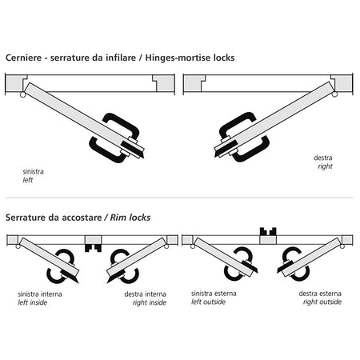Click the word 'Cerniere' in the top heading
tap(23, 58)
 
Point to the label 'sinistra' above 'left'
tap(33, 171)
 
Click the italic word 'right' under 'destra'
tap(325, 166)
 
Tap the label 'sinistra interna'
tap(40, 294)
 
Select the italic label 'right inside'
tap(150, 302)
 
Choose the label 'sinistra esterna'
tap(214, 294)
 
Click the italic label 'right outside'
tap(322, 302)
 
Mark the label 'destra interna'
tap(146, 294)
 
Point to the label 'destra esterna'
tap(320, 294)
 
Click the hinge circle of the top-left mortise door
tap(23, 94)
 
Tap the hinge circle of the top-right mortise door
tap(334, 94)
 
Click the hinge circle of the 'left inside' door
tap(18, 246)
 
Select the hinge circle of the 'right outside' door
tap(342, 246)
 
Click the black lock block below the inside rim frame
tap(93, 248)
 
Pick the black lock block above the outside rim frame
tap(268, 231)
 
